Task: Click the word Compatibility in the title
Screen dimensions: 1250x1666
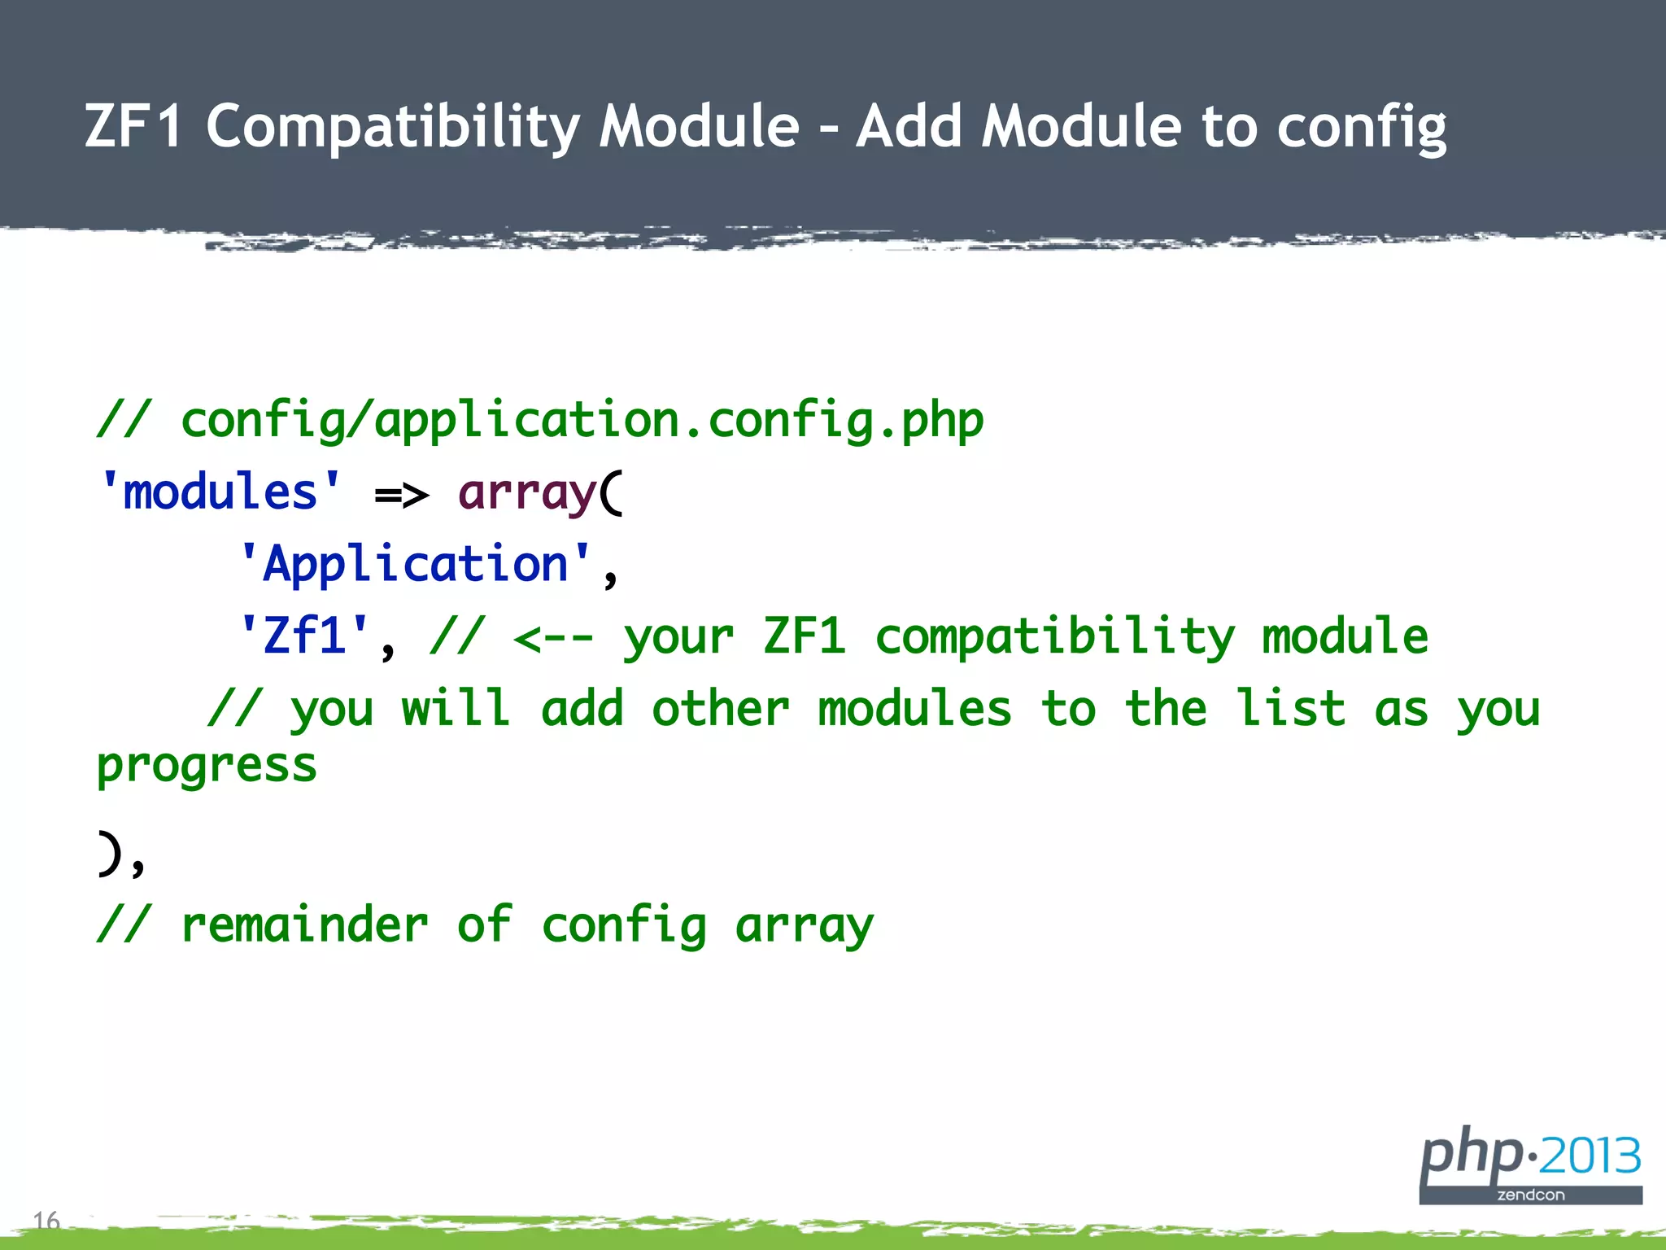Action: tap(393, 127)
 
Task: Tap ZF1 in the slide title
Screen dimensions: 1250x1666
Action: tap(133, 127)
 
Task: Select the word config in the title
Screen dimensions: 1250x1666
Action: tap(1361, 129)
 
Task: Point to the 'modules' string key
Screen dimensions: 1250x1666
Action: tap(220, 492)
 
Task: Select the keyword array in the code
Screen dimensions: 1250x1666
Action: tap(527, 494)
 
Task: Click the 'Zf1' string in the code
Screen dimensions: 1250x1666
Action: tap(305, 636)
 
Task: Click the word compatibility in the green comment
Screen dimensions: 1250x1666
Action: tap(1054, 637)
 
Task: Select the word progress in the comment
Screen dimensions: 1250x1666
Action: tap(207, 767)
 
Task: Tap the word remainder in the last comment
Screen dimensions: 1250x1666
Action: tap(304, 925)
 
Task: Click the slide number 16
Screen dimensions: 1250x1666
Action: tap(46, 1220)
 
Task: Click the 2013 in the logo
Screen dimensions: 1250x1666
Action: tap(1590, 1156)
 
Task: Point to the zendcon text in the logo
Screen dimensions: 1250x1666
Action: tap(1531, 1195)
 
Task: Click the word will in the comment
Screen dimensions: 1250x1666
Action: tap(456, 708)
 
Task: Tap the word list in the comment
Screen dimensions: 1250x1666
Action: tap(1290, 708)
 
